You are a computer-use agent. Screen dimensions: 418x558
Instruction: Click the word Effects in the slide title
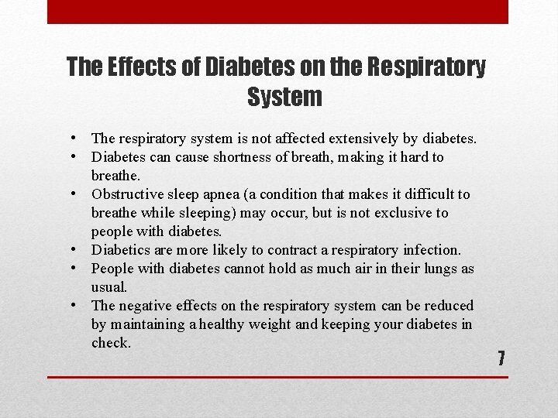point(135,67)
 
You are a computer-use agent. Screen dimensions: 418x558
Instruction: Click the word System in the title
point(284,97)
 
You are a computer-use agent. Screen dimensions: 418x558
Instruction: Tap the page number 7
point(501,358)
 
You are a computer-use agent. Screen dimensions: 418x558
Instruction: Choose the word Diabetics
point(120,250)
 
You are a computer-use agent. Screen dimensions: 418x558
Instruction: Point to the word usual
point(109,287)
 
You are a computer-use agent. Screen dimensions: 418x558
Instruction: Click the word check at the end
point(110,343)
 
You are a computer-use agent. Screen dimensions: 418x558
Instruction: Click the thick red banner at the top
point(277,12)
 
